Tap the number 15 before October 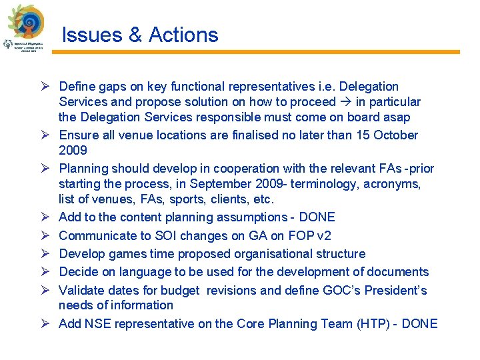coord(361,135)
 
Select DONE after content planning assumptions coord(317,217)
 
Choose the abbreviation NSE coord(97,324)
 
